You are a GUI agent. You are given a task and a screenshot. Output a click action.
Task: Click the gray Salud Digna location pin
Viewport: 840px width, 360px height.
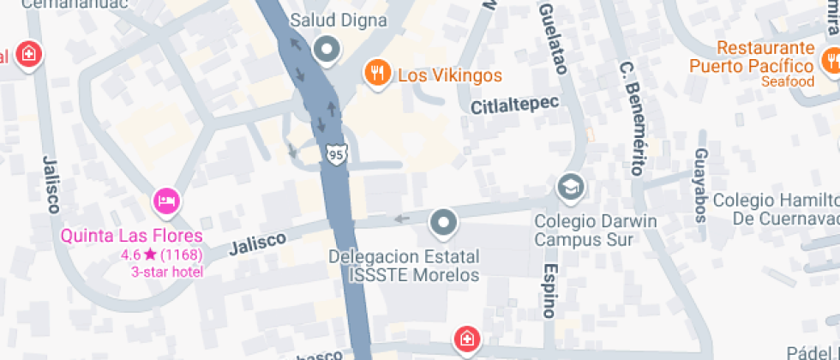click(326, 50)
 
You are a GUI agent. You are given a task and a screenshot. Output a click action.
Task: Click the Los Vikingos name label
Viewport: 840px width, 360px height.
click(450, 75)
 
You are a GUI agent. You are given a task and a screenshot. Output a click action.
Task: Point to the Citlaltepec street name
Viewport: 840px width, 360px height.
click(514, 105)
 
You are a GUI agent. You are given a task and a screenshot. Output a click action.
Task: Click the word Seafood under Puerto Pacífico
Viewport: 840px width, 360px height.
click(786, 81)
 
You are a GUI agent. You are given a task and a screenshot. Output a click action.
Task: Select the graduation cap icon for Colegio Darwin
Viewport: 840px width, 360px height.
click(568, 185)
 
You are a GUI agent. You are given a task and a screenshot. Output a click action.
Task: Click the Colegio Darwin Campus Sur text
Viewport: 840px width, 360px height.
click(596, 230)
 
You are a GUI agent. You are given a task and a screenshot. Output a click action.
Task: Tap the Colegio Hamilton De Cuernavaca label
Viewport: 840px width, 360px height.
click(776, 208)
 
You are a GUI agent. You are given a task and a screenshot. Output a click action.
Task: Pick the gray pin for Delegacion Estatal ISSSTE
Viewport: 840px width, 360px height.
click(443, 222)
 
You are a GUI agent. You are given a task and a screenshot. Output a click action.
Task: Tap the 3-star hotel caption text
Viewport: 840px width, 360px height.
click(166, 272)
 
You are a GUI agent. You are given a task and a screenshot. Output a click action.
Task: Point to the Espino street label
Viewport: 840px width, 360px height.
click(549, 290)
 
